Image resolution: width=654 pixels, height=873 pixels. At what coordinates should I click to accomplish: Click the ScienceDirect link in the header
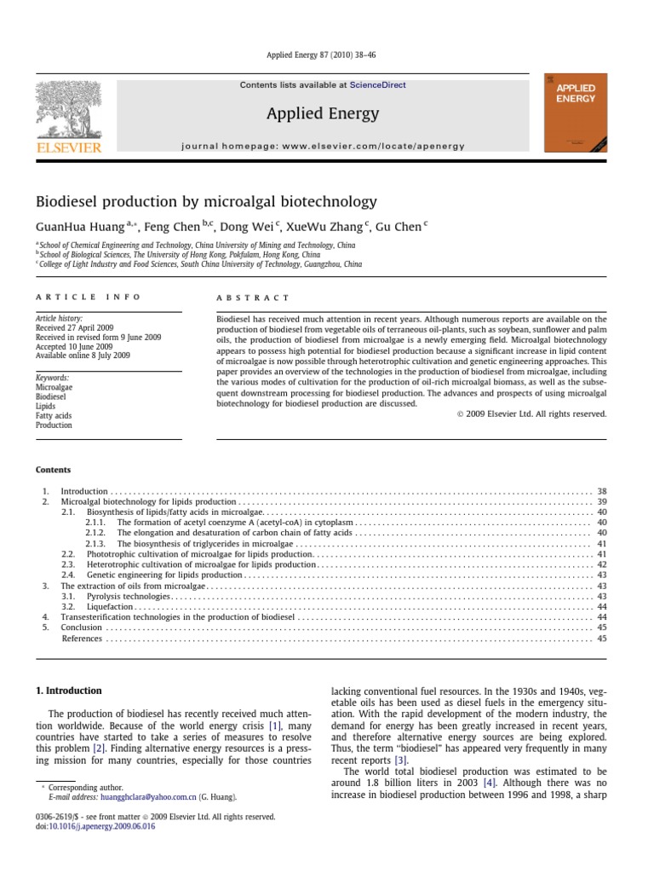coord(380,85)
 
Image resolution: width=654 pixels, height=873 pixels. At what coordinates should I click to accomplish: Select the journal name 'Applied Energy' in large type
coord(323,113)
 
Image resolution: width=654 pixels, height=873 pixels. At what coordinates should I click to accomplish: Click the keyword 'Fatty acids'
coord(54,415)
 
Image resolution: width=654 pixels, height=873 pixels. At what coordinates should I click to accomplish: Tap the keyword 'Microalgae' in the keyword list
coord(54,387)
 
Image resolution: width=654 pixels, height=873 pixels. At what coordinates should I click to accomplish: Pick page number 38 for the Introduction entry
coord(601,492)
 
